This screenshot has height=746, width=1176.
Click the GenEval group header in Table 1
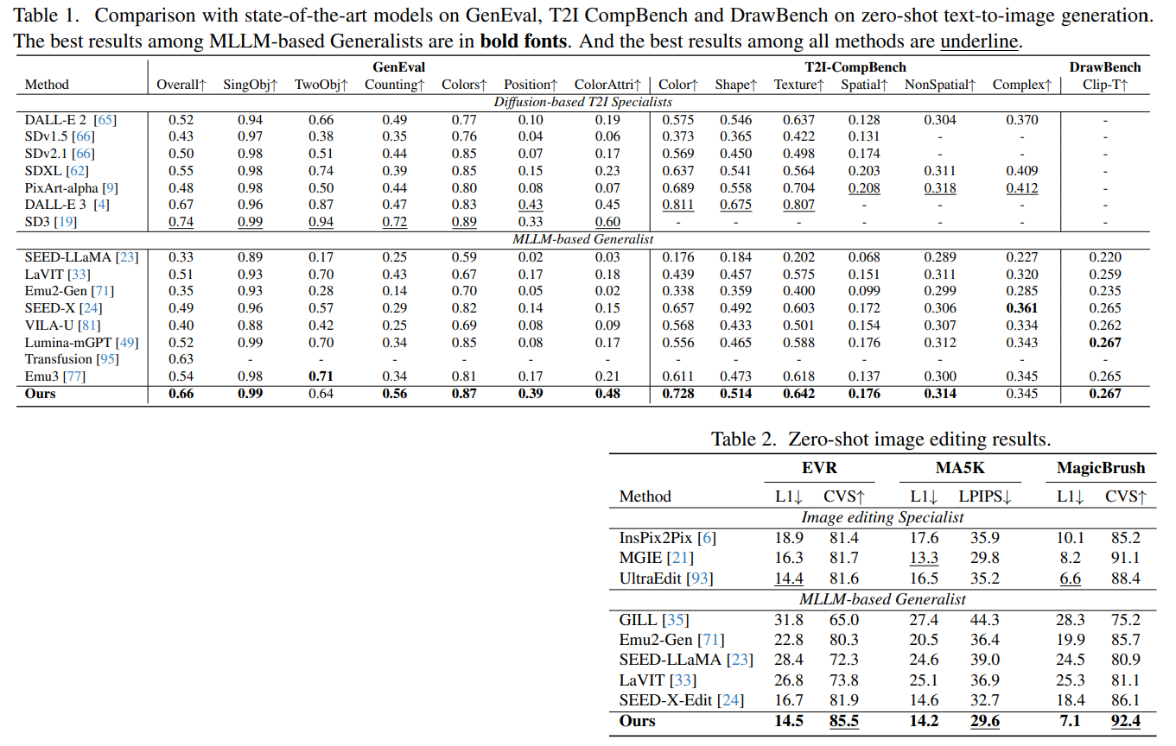tap(398, 67)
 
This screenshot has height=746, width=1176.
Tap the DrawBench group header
tap(1104, 67)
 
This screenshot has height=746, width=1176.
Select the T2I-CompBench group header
tap(855, 67)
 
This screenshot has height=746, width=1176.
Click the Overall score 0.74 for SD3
tap(181, 222)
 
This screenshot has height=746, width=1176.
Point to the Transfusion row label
tap(72, 359)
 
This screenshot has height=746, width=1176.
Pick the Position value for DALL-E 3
tap(531, 205)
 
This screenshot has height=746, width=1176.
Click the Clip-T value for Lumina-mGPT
tap(1104, 343)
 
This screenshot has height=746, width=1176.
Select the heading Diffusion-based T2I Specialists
tap(582, 102)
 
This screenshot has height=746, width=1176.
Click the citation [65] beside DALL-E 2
tap(105, 120)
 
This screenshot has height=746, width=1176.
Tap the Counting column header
tap(394, 85)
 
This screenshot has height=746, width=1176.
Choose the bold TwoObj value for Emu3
tap(321, 376)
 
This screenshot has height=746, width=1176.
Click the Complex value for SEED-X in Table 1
tap(1021, 308)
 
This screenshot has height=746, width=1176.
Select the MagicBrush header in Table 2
tap(1101, 467)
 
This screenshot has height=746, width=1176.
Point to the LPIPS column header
tap(985, 496)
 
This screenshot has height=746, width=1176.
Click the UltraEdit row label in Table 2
tap(666, 578)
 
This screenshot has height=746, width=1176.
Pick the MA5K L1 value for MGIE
tap(924, 558)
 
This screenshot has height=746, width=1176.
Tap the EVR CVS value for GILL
tap(843, 620)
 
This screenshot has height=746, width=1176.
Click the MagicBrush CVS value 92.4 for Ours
tap(1125, 721)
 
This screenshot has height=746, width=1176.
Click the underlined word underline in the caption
tap(979, 41)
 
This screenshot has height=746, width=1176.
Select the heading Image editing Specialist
tap(882, 517)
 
